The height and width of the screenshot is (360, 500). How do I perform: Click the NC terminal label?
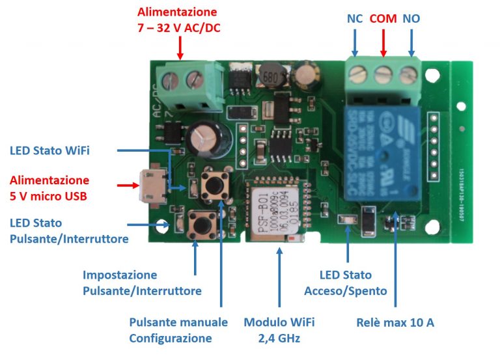pos(355,19)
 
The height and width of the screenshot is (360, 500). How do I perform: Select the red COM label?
pos(383,19)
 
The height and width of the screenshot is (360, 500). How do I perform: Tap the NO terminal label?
pos(411,19)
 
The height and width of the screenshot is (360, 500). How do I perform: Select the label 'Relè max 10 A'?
pos(395,323)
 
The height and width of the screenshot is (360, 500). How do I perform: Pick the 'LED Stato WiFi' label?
pos(49,151)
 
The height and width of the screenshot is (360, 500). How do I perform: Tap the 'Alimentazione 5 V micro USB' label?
pos(49,187)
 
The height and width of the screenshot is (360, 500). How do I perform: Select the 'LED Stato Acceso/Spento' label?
pos(345,283)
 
